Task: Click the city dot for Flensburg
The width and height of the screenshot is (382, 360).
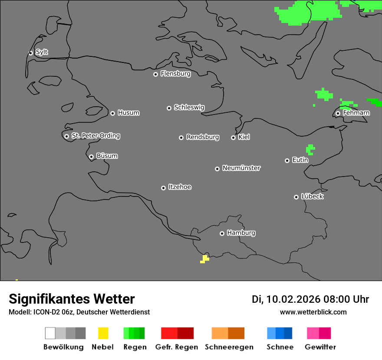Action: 155,74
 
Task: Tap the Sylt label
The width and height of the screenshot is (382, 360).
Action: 42,52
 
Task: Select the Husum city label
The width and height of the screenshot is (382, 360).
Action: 128,113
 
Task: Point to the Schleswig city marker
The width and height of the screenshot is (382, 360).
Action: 169,108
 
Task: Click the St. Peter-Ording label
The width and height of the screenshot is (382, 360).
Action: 95,136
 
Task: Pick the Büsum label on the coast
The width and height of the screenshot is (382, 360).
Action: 107,156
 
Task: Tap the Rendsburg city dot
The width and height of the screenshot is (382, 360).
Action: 181,137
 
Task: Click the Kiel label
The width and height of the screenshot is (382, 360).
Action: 244,137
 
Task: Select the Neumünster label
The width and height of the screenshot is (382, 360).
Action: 241,168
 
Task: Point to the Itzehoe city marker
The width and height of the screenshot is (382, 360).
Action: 163,188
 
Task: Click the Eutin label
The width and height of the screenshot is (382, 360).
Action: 300,160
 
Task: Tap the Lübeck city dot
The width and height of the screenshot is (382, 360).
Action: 296,197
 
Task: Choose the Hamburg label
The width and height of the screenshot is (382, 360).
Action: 241,233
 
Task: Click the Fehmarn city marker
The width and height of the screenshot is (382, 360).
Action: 338,113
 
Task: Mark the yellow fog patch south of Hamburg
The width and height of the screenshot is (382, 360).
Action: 204,259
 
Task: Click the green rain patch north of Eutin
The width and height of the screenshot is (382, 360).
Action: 310,150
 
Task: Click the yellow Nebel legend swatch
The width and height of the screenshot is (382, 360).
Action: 103,333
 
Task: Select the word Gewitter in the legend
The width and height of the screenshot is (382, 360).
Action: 320,347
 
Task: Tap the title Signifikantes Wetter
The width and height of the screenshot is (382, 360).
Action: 72,299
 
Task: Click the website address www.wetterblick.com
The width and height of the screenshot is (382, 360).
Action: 313,312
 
